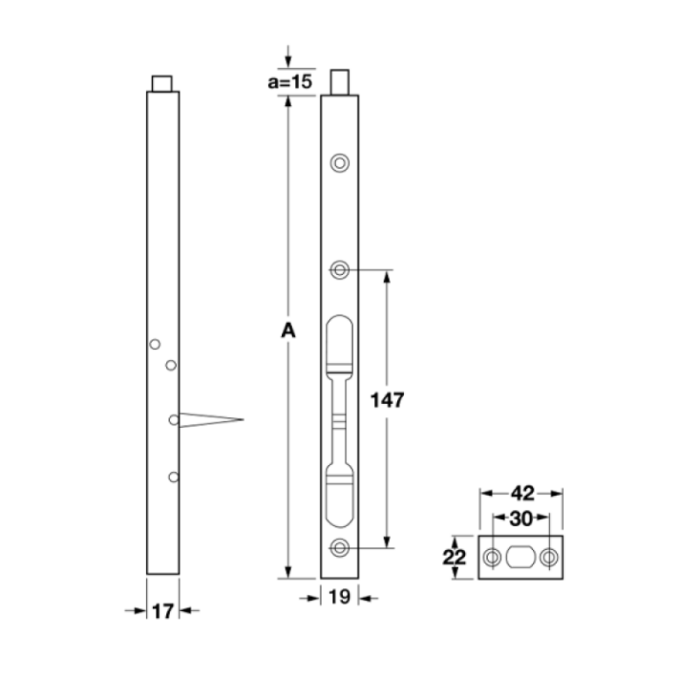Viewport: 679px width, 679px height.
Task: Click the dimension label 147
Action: pyautogui.click(x=387, y=400)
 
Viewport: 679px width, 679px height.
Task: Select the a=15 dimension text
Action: pyautogui.click(x=290, y=81)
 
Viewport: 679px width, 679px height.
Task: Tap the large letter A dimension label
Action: pyautogui.click(x=287, y=331)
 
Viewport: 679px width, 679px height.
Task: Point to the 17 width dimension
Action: pyautogui.click(x=162, y=609)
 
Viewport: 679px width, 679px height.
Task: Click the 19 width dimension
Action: pyautogui.click(x=339, y=599)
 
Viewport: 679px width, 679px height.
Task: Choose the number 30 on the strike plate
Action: pyautogui.click(x=521, y=518)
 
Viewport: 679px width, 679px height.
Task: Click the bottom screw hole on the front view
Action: pyautogui.click(x=339, y=548)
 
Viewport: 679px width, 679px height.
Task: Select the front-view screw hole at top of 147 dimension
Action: pyautogui.click(x=339, y=269)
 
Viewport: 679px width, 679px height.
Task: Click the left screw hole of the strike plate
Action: pyautogui.click(x=492, y=558)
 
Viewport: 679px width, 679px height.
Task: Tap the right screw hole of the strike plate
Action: pyautogui.click(x=550, y=558)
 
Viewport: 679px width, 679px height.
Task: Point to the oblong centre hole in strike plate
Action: pyautogui.click(x=521, y=558)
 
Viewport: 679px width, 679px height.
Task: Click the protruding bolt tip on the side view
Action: pyautogui.click(x=162, y=83)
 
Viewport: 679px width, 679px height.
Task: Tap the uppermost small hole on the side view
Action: pyautogui.click(x=155, y=343)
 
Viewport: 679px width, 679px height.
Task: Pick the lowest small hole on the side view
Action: pyautogui.click(x=173, y=477)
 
